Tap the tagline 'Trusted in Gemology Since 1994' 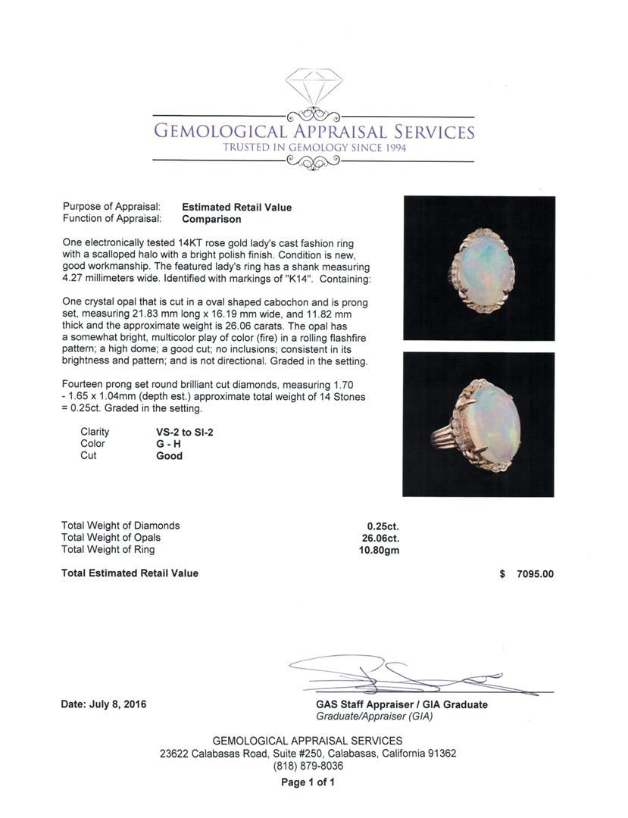pyautogui.click(x=314, y=148)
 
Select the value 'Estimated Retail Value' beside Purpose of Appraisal pyautogui.click(x=236, y=208)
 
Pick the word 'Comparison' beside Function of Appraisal pyautogui.click(x=211, y=220)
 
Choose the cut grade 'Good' pyautogui.click(x=169, y=456)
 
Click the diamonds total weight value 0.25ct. pyautogui.click(x=383, y=526)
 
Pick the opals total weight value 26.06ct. pyautogui.click(x=381, y=538)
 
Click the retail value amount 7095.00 pyautogui.click(x=535, y=574)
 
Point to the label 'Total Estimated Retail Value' pyautogui.click(x=130, y=573)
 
